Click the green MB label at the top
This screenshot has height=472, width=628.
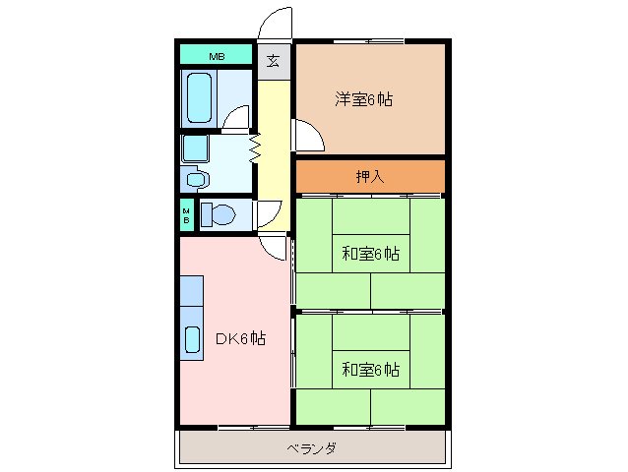[x=216, y=56]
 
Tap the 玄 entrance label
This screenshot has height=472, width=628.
[x=274, y=61]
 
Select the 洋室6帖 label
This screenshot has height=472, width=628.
[x=364, y=99]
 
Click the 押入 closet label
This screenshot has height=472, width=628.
[x=369, y=176]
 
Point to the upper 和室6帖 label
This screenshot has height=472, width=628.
[x=370, y=254]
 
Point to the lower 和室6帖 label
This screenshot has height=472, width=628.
[x=370, y=370]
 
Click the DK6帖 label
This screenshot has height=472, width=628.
[x=240, y=339]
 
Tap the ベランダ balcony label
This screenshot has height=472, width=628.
[x=312, y=448]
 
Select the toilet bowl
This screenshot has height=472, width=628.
[x=220, y=214]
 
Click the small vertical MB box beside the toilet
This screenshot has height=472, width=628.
[x=185, y=214]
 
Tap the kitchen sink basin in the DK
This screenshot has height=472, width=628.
[x=192, y=337]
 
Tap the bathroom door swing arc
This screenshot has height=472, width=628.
[x=236, y=119]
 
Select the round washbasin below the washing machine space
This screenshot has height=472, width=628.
[x=194, y=179]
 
